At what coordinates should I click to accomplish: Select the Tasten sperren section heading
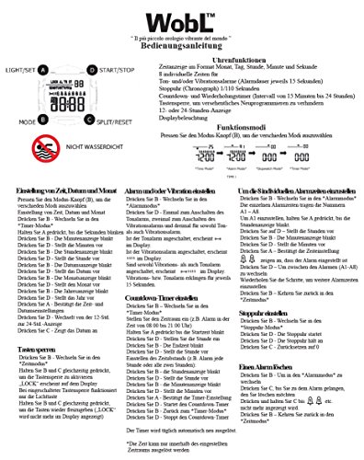coord(30,350)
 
